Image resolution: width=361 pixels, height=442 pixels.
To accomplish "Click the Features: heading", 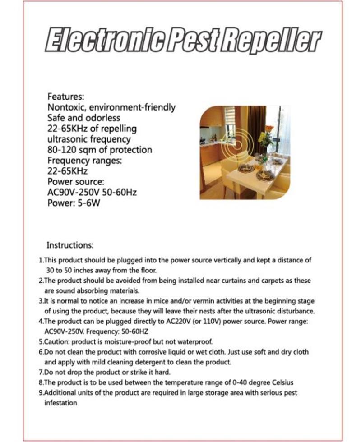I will click(x=66, y=97).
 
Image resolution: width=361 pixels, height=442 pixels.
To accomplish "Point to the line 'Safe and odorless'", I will click(x=84, y=118).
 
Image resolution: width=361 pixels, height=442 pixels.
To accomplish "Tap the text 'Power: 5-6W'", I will click(x=74, y=203).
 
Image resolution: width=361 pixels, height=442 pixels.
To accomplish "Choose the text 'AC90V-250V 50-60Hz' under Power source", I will click(x=92, y=193).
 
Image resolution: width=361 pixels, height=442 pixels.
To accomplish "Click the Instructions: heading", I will click(x=70, y=246).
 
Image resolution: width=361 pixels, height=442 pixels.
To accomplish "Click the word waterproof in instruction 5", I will click(x=191, y=342).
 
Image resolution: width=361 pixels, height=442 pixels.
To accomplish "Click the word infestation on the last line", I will click(x=60, y=403).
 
